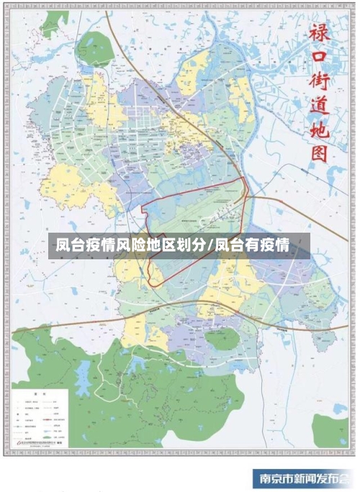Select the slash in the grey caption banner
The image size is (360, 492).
pos(211,246)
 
